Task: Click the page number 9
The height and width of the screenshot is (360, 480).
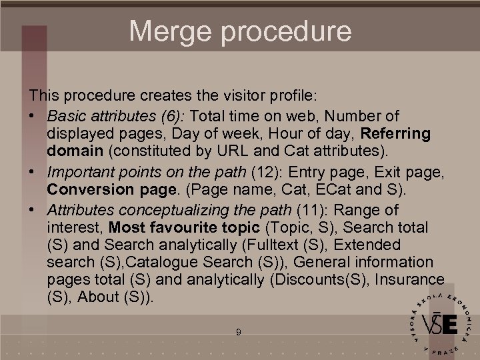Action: coord(239,331)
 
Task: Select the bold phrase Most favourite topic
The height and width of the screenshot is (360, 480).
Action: coord(184,227)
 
